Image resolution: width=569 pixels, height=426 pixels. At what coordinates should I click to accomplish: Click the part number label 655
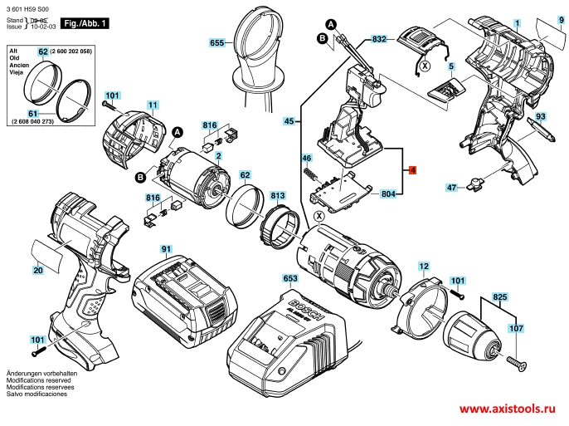coord(217,42)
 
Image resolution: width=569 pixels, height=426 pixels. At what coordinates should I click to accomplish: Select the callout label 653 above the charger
coord(290,279)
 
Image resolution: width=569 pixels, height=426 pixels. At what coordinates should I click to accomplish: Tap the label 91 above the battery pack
coord(166,249)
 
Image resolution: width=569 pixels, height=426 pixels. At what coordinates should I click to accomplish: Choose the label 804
coord(387,194)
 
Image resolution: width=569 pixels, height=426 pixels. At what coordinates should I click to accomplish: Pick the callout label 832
coord(380,40)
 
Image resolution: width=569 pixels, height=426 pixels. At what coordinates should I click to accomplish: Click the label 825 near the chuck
coord(500,296)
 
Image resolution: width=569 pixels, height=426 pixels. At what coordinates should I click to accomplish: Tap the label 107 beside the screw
coord(516,329)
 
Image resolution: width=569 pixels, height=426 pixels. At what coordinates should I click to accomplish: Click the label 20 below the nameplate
coord(38,270)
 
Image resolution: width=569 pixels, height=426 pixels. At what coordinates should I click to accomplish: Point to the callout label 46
coord(306,158)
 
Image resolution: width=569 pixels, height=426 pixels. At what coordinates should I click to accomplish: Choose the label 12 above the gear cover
coord(424,267)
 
